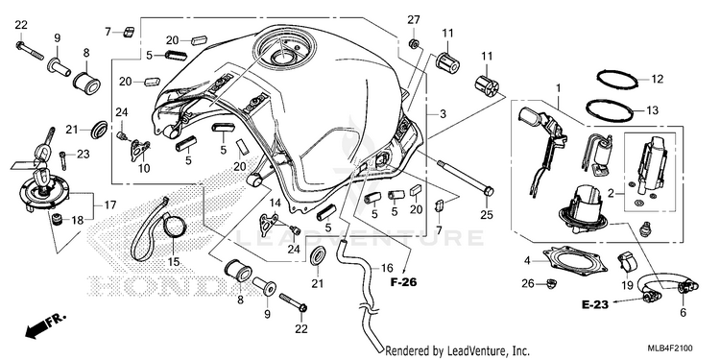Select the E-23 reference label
594,304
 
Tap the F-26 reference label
403,282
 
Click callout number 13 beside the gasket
652,110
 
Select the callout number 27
413,20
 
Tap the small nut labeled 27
413,43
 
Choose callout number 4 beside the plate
528,261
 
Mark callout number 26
528,284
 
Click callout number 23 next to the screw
84,154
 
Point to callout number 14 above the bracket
275,202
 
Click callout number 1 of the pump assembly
559,87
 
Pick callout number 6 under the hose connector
683,313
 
